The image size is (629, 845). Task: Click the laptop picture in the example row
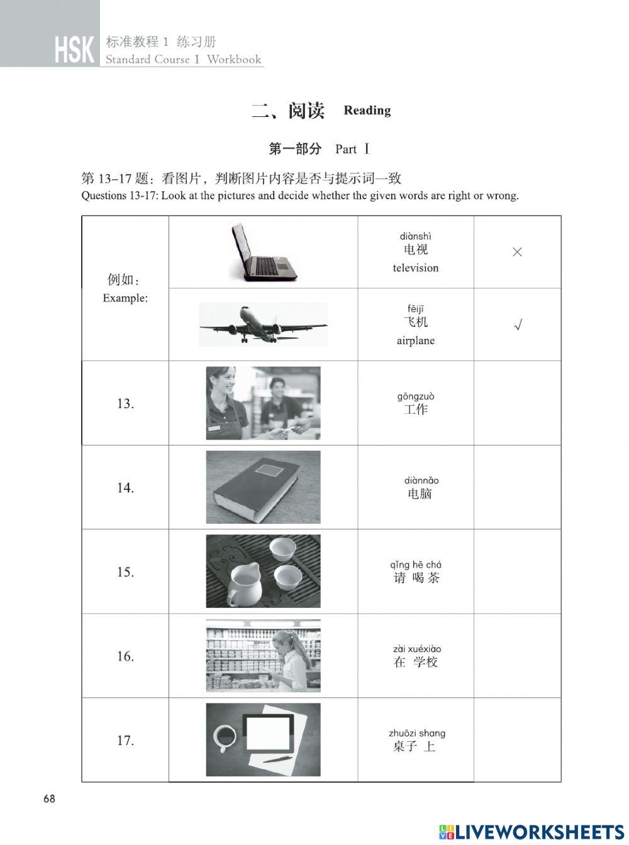(264, 252)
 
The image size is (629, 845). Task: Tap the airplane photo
(263, 324)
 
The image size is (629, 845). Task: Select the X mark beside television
(517, 252)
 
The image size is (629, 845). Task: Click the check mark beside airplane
(518, 325)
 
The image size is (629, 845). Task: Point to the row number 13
(125, 404)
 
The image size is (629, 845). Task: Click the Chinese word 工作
(416, 410)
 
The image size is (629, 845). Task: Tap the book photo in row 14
(263, 487)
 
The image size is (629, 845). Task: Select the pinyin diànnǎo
(421, 480)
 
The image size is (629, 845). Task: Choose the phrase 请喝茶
(416, 578)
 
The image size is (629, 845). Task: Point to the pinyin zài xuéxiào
(417, 649)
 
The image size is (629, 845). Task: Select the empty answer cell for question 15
(517, 572)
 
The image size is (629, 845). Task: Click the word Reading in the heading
(367, 111)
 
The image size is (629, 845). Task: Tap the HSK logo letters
(74, 50)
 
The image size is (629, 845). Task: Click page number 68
(49, 799)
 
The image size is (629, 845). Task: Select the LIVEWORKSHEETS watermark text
(540, 832)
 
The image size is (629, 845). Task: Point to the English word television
(416, 268)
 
